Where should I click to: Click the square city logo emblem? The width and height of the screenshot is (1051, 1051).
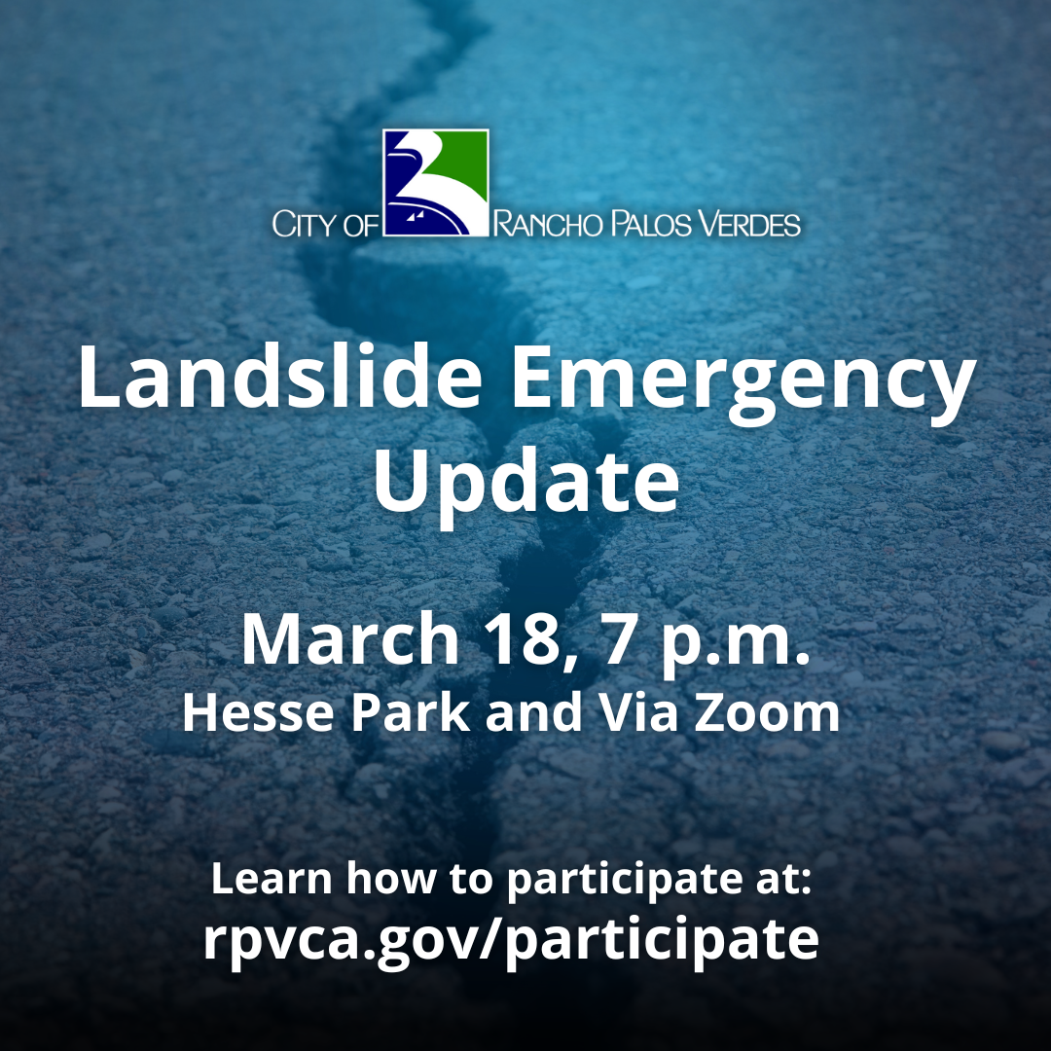pyautogui.click(x=435, y=183)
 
